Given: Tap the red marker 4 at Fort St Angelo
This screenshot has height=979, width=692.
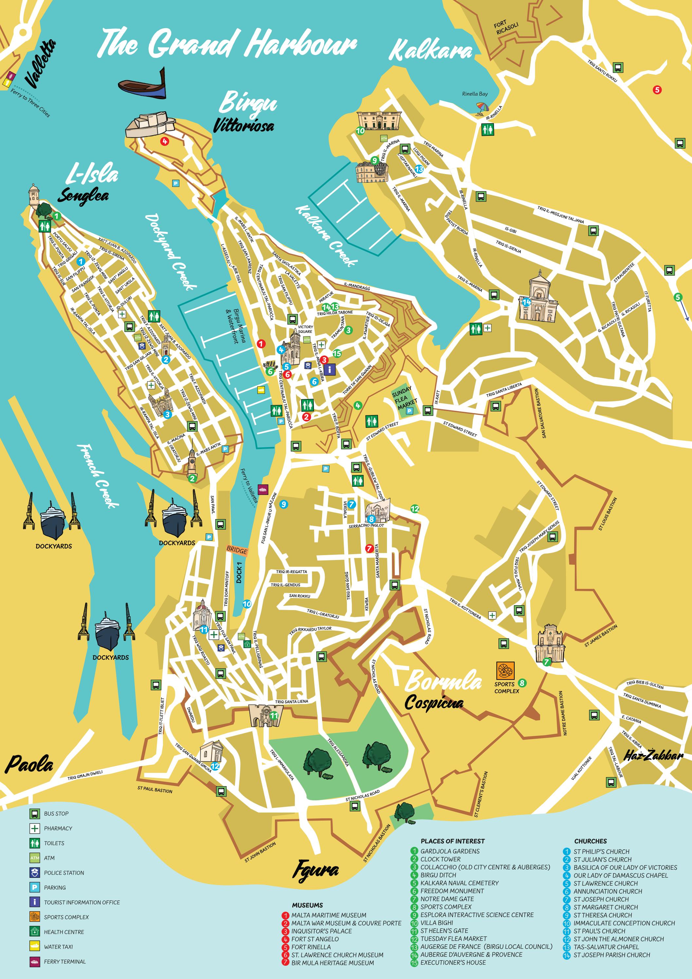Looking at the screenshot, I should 164,141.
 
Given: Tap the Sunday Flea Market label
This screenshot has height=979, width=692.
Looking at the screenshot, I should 401,397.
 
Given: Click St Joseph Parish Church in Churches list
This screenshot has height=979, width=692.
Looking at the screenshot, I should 611,955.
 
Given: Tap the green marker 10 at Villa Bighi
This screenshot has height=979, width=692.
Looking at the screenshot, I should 360,131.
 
